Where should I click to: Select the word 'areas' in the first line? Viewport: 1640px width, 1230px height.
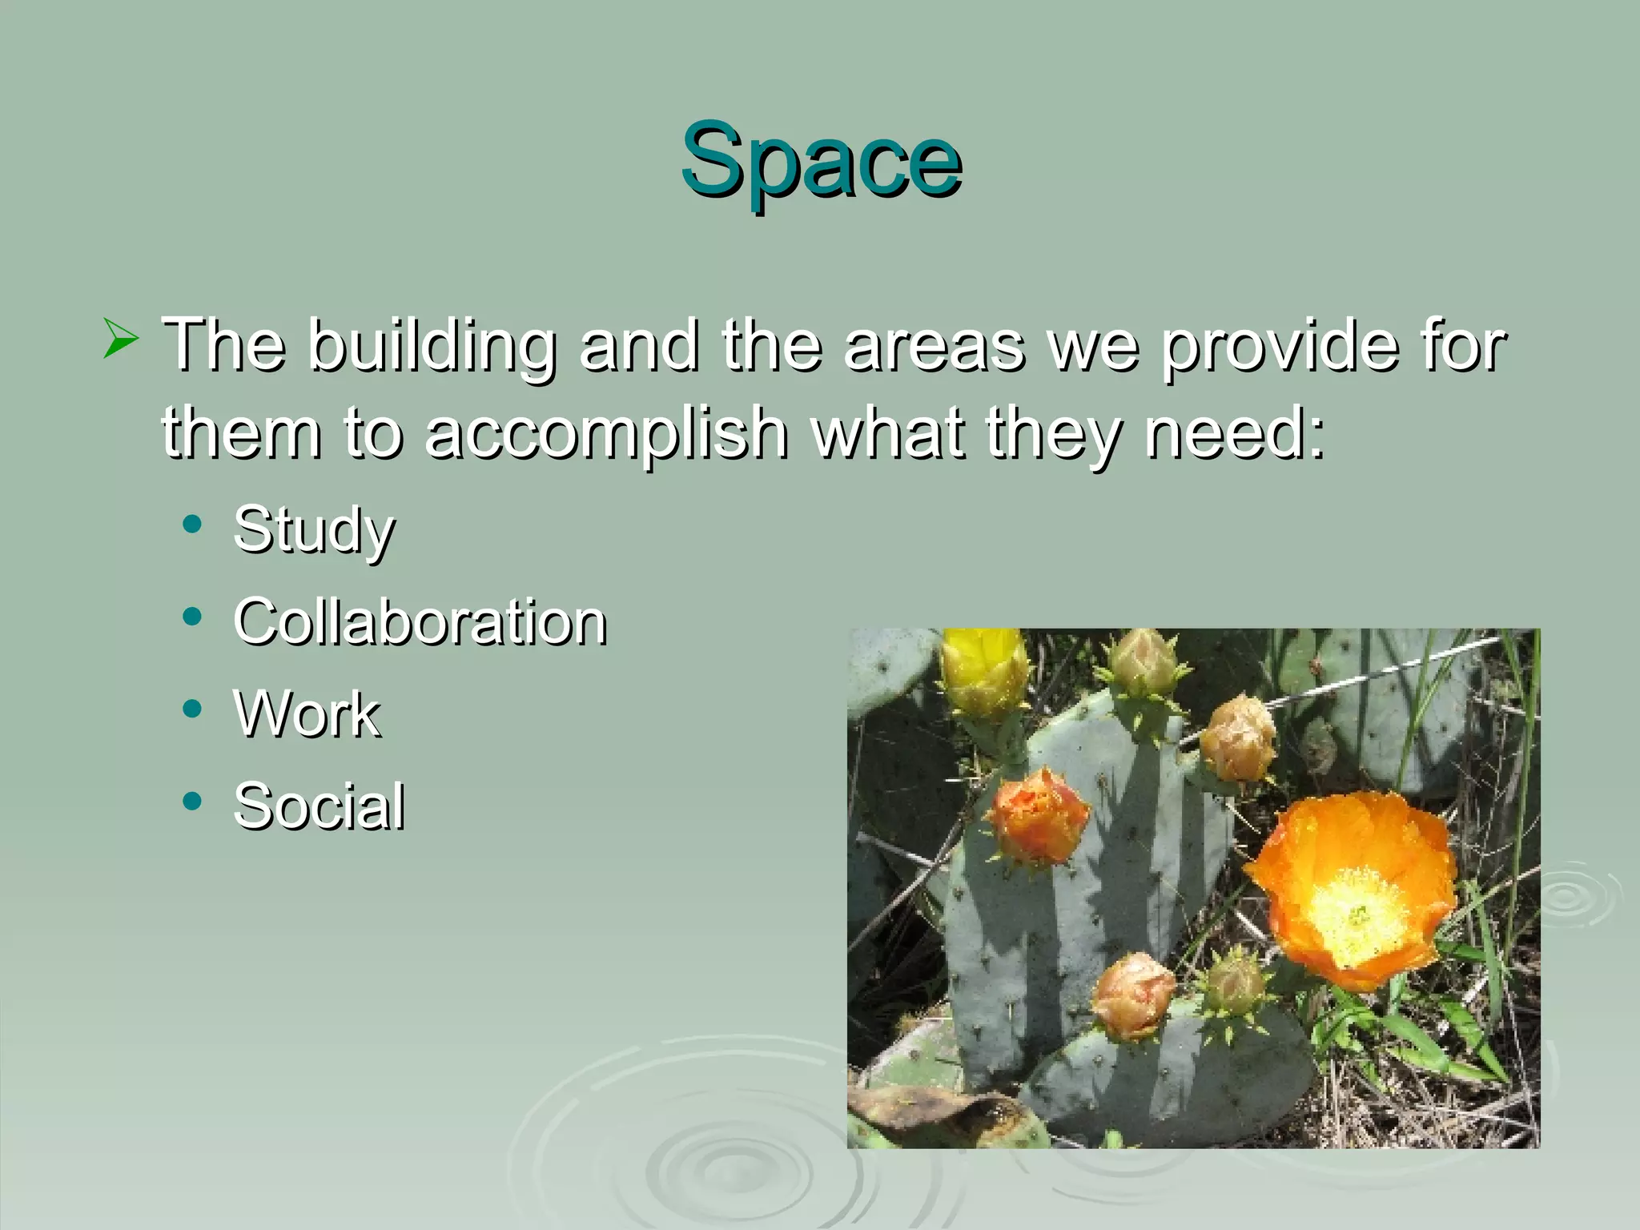(x=934, y=346)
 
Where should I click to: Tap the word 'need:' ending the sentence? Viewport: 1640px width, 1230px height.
(x=1236, y=433)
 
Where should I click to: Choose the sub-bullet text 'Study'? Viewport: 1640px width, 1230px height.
(x=314, y=531)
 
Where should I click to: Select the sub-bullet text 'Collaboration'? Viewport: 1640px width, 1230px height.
(x=420, y=621)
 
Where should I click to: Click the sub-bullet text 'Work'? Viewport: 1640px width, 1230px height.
(x=307, y=713)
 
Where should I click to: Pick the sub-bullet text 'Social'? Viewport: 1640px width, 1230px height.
(x=319, y=806)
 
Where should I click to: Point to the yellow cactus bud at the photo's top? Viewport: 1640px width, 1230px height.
(x=983, y=669)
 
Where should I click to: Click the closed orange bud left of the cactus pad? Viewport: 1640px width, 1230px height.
(x=1039, y=815)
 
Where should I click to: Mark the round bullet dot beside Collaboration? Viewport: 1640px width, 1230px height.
(x=192, y=617)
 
